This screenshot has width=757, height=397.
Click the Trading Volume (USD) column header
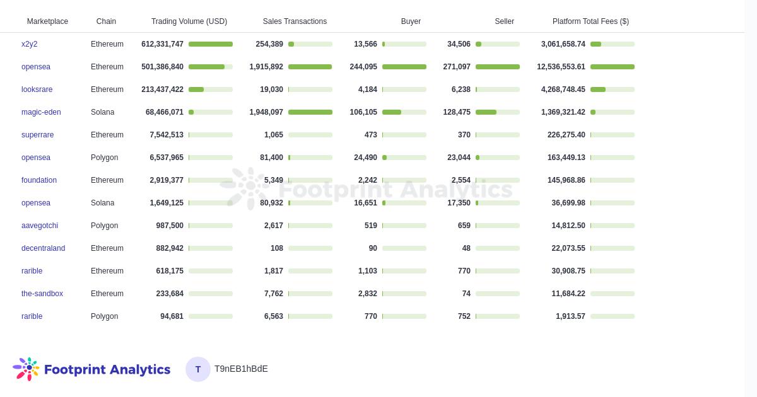coord(189,21)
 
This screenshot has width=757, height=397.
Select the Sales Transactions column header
coord(295,21)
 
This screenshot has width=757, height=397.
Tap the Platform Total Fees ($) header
coord(590,21)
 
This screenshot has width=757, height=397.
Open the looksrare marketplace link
coord(37,89)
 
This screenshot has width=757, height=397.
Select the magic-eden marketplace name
coord(41,112)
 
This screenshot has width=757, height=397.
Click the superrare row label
coord(37,135)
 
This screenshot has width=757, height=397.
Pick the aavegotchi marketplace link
coord(40,226)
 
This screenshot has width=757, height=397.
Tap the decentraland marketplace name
coord(43,248)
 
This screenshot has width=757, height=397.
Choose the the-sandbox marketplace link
coord(42,294)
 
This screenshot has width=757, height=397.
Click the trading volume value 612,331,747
coord(162,44)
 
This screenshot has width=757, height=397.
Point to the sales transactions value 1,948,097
coord(266,112)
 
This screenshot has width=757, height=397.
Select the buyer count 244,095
coord(363,67)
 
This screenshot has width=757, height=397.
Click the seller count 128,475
coord(457,112)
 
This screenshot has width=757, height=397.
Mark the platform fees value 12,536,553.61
coord(561,67)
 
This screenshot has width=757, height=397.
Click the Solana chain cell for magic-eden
coord(102,112)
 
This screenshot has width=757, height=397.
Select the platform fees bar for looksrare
coord(612,89)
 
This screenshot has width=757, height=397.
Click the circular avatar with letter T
coord(198,369)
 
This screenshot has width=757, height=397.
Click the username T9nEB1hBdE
coord(241,369)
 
